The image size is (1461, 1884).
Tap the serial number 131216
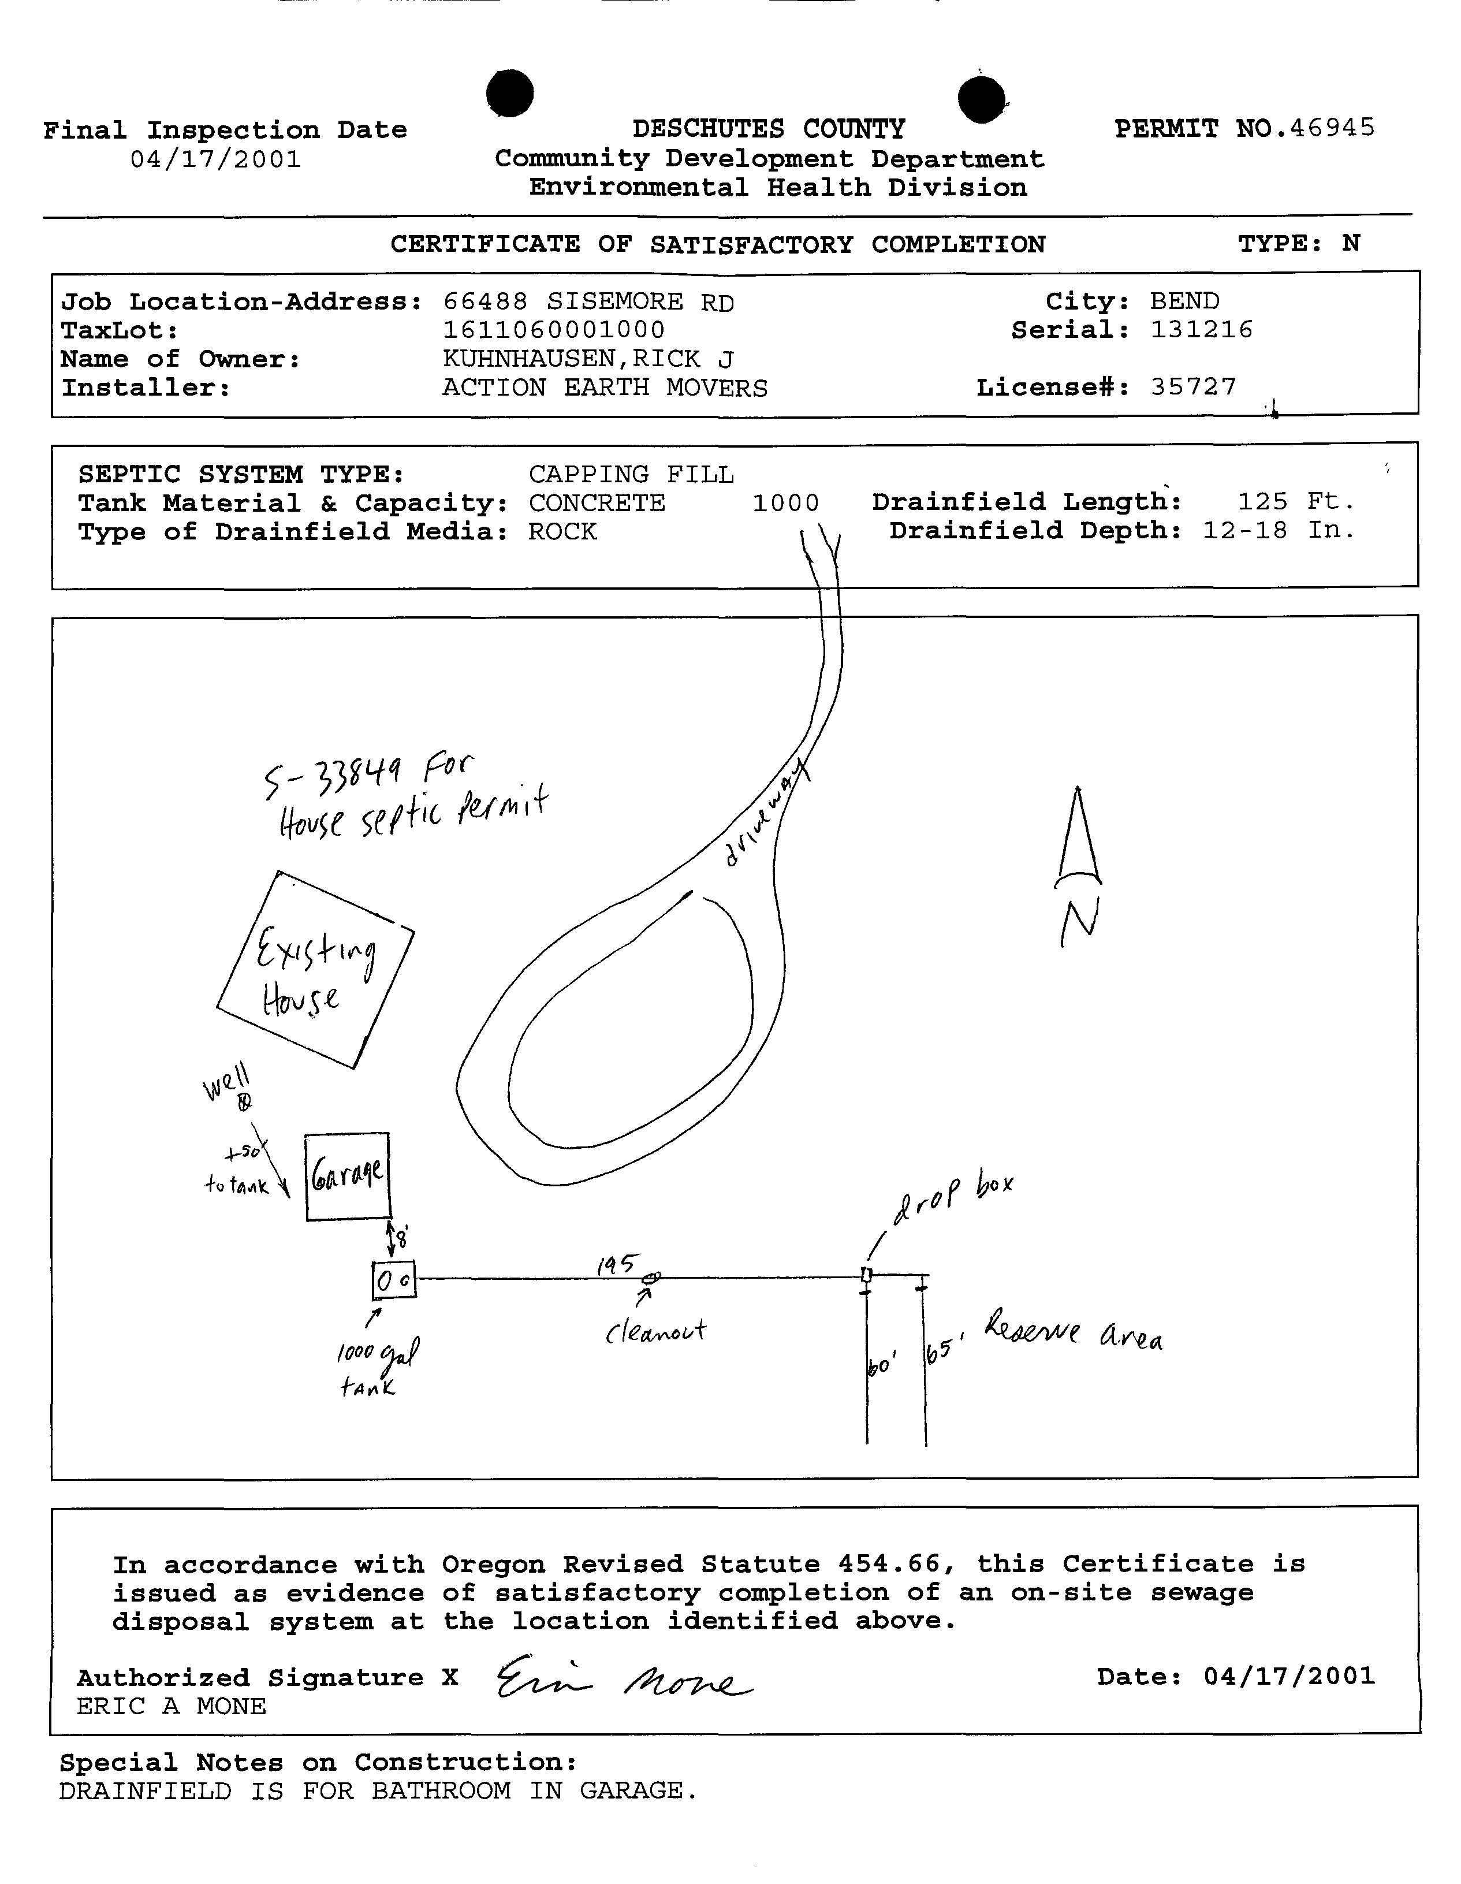pyautogui.click(x=1201, y=330)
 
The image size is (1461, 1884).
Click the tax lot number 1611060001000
pyautogui.click(x=554, y=330)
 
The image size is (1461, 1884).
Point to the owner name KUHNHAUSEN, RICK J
pyautogui.click(x=588, y=358)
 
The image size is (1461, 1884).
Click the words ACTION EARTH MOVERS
pyautogui.click(x=605, y=388)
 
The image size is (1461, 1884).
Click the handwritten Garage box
pyautogui.click(x=348, y=1176)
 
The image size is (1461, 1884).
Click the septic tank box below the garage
pyautogui.click(x=393, y=1280)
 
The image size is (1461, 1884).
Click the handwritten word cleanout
pyautogui.click(x=655, y=1331)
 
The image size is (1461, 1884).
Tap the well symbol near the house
pyautogui.click(x=245, y=1103)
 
